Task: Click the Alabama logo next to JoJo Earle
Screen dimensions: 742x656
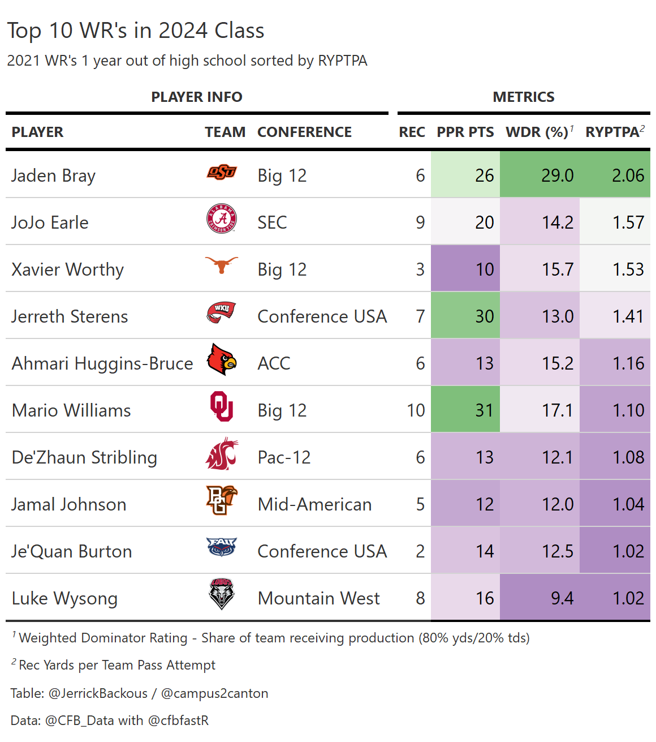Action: click(x=221, y=219)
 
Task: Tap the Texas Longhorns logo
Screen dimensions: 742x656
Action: click(x=221, y=265)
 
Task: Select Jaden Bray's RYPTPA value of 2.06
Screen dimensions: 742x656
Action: click(x=628, y=175)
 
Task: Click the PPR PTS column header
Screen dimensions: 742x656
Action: click(x=465, y=132)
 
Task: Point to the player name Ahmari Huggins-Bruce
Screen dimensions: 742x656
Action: click(x=102, y=363)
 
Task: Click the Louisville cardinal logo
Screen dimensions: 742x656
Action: click(x=221, y=359)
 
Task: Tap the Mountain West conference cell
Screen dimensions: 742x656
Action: click(x=318, y=598)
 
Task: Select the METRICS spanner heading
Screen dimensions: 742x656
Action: click(x=524, y=97)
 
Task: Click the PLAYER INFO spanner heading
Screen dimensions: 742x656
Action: click(x=197, y=97)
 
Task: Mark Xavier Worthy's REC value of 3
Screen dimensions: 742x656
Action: click(x=420, y=269)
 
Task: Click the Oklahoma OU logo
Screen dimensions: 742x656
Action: click(x=221, y=406)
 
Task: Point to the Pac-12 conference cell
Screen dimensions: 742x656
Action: click(x=284, y=457)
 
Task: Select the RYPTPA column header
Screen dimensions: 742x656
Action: click(x=612, y=132)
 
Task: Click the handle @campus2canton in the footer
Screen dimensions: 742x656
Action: click(x=214, y=693)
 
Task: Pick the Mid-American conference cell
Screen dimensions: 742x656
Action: click(x=314, y=504)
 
